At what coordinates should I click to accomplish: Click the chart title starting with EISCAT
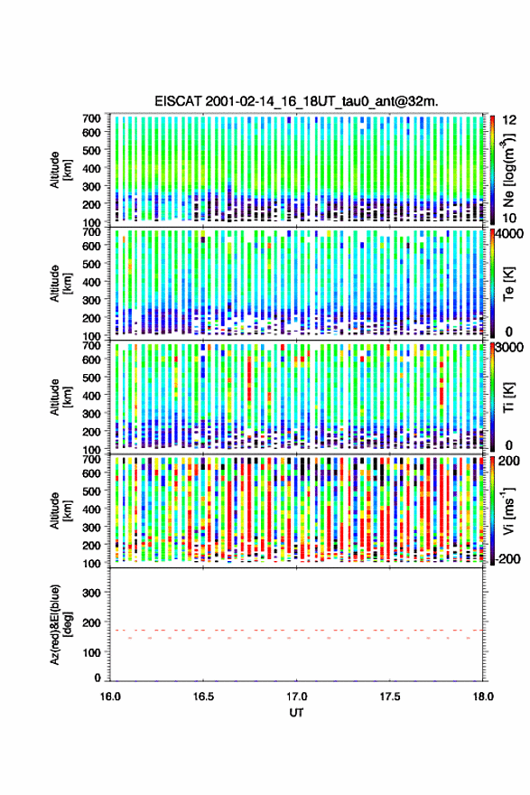click(x=296, y=101)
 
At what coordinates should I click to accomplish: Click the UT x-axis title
click(x=296, y=713)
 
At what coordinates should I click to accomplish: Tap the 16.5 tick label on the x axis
click(x=203, y=697)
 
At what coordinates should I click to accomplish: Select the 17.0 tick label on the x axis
click(x=296, y=697)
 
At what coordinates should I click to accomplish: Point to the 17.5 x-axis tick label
click(x=390, y=697)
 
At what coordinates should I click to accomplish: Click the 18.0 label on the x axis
click(x=483, y=697)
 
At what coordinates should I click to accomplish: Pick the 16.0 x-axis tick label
click(x=110, y=697)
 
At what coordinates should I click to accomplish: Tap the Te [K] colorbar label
click(x=508, y=284)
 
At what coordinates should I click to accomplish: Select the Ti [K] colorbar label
click(x=508, y=397)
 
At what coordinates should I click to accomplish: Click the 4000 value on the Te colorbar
click(x=510, y=234)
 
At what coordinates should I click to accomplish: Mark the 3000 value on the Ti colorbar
click(x=510, y=347)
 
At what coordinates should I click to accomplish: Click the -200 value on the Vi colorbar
click(x=508, y=558)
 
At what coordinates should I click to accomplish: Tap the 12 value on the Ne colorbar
click(x=509, y=120)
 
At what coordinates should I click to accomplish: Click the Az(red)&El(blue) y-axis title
click(x=60, y=624)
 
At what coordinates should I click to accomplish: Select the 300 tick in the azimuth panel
click(x=92, y=593)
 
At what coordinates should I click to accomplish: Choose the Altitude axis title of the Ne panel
click(x=60, y=170)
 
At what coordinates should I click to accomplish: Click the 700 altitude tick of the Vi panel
click(x=92, y=459)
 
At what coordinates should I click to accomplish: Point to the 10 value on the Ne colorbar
click(x=509, y=218)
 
